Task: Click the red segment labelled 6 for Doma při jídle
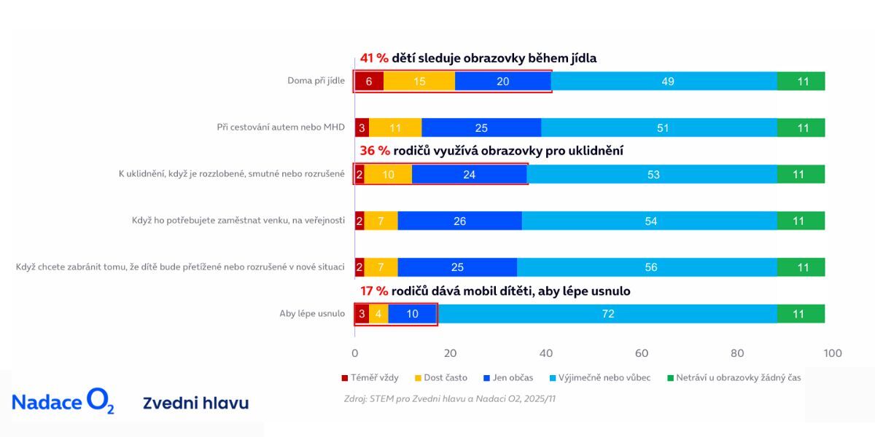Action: (x=369, y=82)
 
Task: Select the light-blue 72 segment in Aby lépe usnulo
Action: (x=607, y=314)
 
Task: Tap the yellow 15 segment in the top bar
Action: (x=419, y=82)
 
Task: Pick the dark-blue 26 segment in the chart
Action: (x=459, y=221)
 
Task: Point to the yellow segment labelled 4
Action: (x=378, y=314)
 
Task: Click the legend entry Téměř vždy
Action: (x=370, y=378)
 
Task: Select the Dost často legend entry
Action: (x=441, y=378)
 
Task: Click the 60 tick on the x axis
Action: (x=642, y=353)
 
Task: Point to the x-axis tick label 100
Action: (x=832, y=353)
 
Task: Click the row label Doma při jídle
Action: (x=316, y=81)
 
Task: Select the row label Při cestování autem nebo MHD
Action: (x=281, y=127)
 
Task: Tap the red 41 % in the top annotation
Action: (x=374, y=58)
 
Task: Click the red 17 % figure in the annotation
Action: (x=374, y=291)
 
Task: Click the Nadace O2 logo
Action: (x=63, y=402)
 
